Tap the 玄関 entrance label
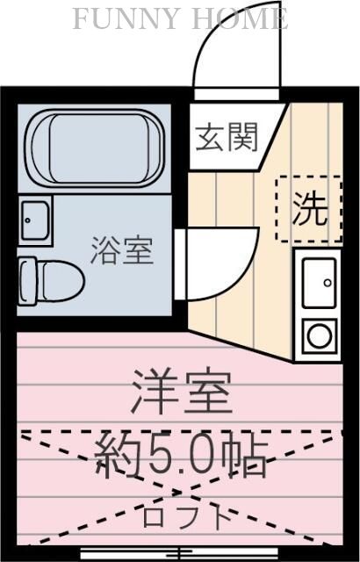[x=227, y=137]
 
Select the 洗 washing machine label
[x=309, y=209]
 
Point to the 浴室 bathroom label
[x=122, y=251]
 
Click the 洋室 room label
[x=183, y=393]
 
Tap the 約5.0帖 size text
[x=182, y=454]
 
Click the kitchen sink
[x=317, y=283]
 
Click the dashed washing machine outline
[x=309, y=209]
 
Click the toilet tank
[x=26, y=280]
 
